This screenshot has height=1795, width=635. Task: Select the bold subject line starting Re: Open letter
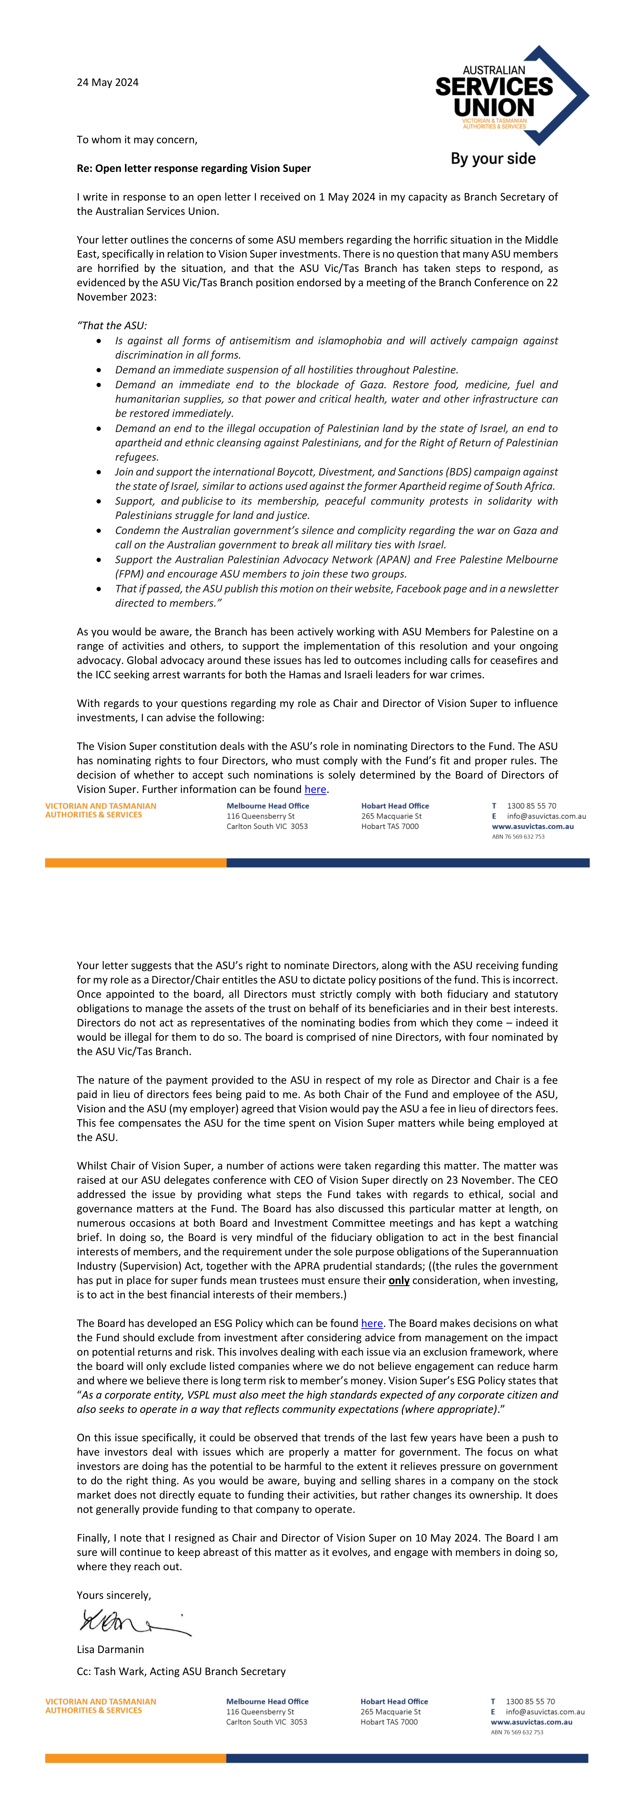(x=194, y=168)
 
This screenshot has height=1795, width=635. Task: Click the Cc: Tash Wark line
(x=181, y=1671)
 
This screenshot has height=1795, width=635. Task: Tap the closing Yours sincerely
(x=114, y=1595)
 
